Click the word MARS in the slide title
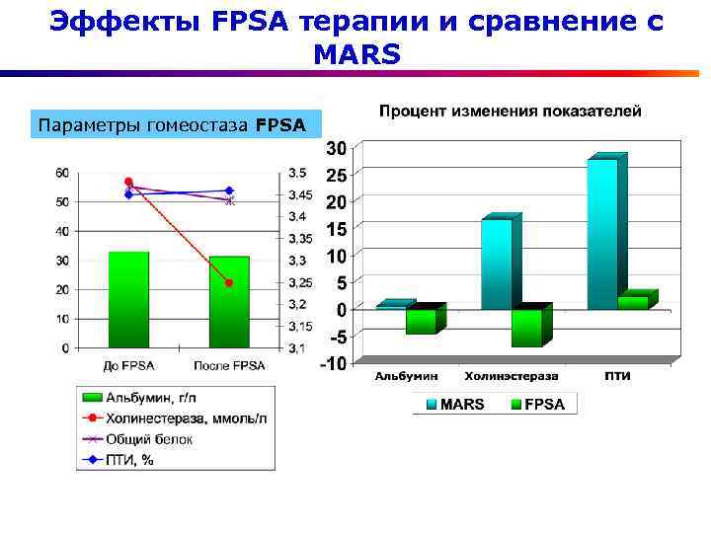(356, 55)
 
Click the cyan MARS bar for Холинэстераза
(497, 264)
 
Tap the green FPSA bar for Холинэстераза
(526, 328)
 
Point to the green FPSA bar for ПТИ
(633, 302)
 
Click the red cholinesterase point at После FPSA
(229, 283)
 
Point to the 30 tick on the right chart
(337, 148)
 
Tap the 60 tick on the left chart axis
(61, 173)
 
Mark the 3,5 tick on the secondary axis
(297, 173)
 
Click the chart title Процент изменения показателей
(510, 111)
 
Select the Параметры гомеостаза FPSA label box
(177, 125)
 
